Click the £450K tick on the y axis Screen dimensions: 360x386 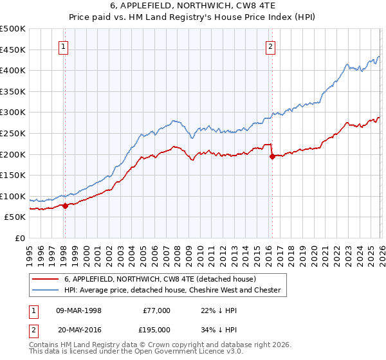coord(13,50)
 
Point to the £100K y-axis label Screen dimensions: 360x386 coord(13,196)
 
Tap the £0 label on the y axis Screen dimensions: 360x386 coord(19,238)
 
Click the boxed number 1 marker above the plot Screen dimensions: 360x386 coord(64,46)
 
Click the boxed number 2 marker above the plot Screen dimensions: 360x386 coord(271,46)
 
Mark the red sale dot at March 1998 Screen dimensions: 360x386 coord(65,206)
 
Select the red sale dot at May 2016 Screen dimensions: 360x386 coord(271,156)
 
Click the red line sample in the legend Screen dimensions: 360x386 coord(46,279)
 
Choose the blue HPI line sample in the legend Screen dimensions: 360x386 coord(46,290)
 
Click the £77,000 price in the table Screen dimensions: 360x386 coord(156,310)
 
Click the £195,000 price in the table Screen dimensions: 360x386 coord(156,330)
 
